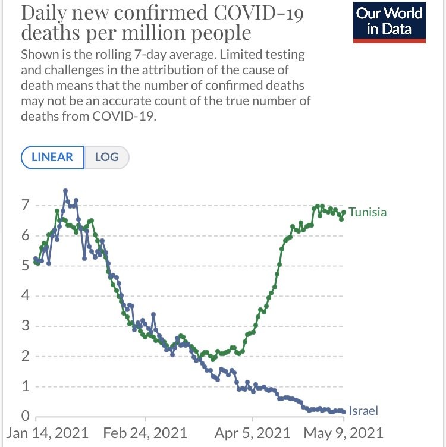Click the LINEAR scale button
(52, 158)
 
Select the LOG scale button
(106, 158)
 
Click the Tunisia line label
(368, 212)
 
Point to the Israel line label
(363, 411)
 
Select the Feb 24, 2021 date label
(145, 432)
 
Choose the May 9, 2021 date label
(343, 432)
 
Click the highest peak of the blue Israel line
(65, 191)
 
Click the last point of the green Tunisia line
(344, 212)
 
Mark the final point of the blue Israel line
(344, 411)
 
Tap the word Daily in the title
(43, 13)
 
